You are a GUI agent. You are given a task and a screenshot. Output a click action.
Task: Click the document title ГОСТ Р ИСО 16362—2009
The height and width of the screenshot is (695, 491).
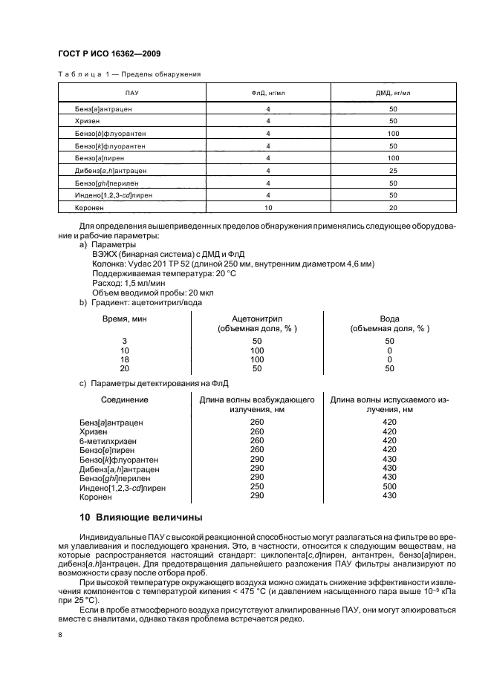(x=109, y=53)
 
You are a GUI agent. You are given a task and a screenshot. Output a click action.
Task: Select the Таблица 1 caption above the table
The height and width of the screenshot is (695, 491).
(x=129, y=74)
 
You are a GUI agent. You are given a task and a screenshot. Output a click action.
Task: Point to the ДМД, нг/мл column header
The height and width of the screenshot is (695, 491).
(x=393, y=93)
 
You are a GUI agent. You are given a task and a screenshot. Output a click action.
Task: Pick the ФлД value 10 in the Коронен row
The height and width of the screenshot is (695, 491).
(x=268, y=207)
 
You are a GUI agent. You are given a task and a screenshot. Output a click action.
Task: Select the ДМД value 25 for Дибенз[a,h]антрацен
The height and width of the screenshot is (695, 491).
(x=393, y=169)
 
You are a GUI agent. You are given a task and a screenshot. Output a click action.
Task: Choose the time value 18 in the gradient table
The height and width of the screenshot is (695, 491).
(x=124, y=359)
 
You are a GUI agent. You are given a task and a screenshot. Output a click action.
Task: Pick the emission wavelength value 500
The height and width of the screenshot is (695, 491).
(x=389, y=487)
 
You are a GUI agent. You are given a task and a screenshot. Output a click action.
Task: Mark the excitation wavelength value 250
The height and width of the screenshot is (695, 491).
(x=257, y=487)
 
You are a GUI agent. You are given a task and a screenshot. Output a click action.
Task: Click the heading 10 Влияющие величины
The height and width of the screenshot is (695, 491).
(x=140, y=517)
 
